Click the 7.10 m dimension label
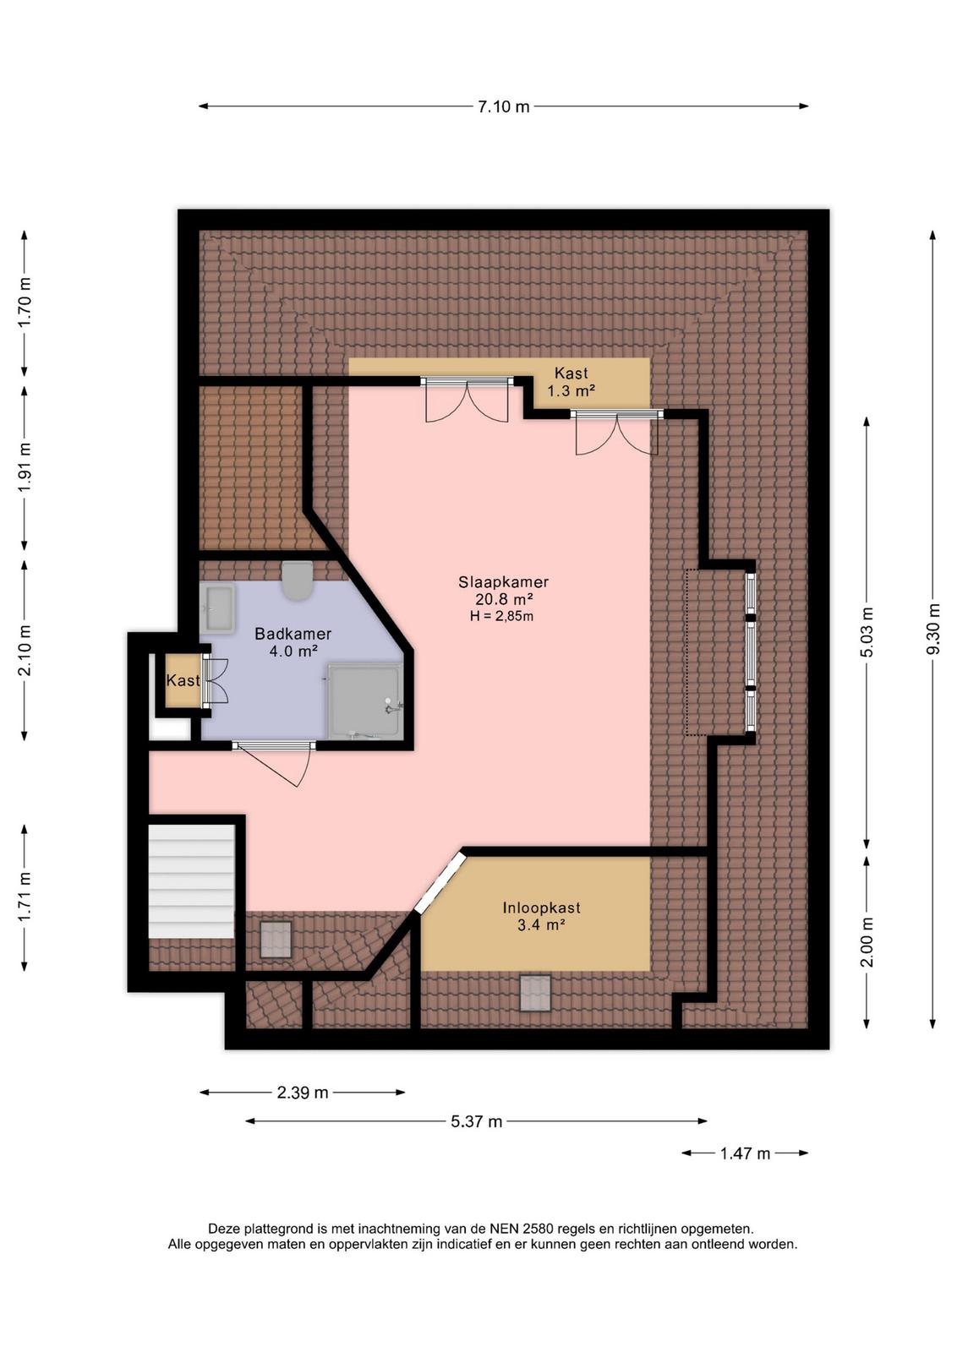click(x=504, y=106)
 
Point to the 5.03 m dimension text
click(x=867, y=630)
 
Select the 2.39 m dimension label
click(x=303, y=1093)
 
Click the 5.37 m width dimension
click(x=477, y=1121)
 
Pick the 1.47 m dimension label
click(x=745, y=1153)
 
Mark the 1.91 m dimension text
click(x=25, y=467)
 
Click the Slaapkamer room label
click(x=504, y=582)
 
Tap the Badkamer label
click(x=293, y=634)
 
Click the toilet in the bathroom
click(x=297, y=581)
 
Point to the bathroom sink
click(x=218, y=608)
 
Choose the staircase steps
click(x=191, y=881)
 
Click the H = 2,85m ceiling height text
click(x=501, y=616)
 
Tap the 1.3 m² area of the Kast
click(x=571, y=391)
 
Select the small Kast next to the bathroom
click(x=183, y=680)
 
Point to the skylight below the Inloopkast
click(x=535, y=993)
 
